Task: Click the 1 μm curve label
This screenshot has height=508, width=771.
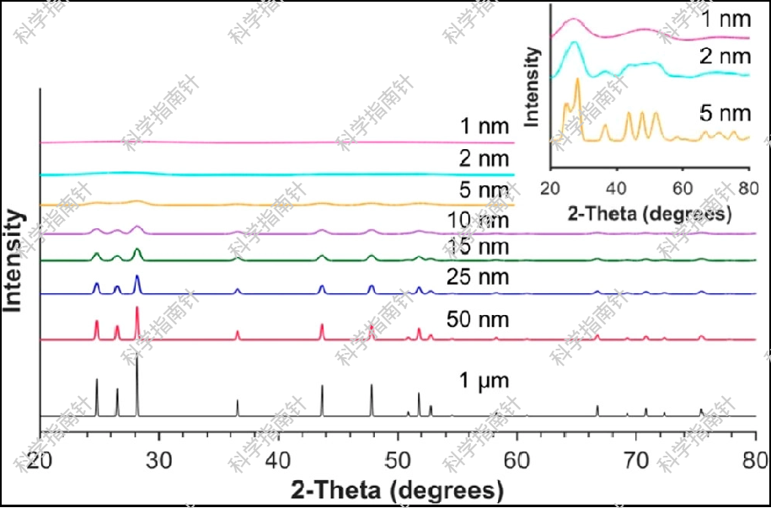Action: pos(485,382)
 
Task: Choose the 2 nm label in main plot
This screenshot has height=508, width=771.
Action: pos(484,158)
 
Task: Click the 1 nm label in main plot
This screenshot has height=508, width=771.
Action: pos(484,128)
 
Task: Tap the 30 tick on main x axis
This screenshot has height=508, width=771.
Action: pos(158,459)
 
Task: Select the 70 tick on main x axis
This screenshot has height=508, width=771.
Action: pos(636,459)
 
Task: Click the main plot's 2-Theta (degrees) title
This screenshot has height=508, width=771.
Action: pos(398,489)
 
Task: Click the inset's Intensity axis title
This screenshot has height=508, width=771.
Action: pos(533,86)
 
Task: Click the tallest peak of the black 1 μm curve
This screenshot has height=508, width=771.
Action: pos(137,357)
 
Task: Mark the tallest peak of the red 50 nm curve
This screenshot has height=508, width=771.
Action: pos(137,309)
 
